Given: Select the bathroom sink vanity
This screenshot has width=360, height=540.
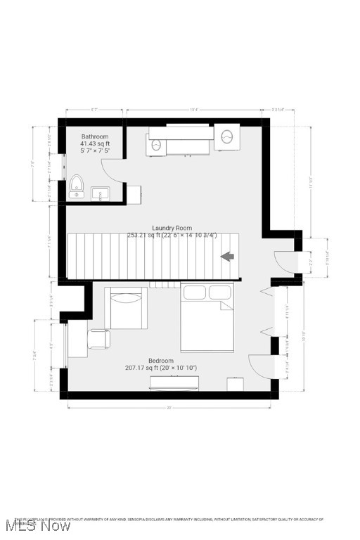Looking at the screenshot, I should (101, 193).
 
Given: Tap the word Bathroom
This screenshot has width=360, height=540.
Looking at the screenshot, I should (95, 136).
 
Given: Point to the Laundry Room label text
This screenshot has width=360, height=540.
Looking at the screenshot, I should (172, 228).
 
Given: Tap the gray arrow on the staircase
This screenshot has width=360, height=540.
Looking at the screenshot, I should (228, 257).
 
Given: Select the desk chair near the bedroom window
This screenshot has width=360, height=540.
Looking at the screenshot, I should (98, 339).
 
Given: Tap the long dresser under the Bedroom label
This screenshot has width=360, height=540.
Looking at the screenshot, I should (174, 383).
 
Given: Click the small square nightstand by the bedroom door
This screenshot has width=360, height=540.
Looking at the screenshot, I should (235, 384).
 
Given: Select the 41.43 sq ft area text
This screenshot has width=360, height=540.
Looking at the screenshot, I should (95, 143).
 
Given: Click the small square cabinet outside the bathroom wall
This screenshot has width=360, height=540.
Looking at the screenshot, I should (132, 194).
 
